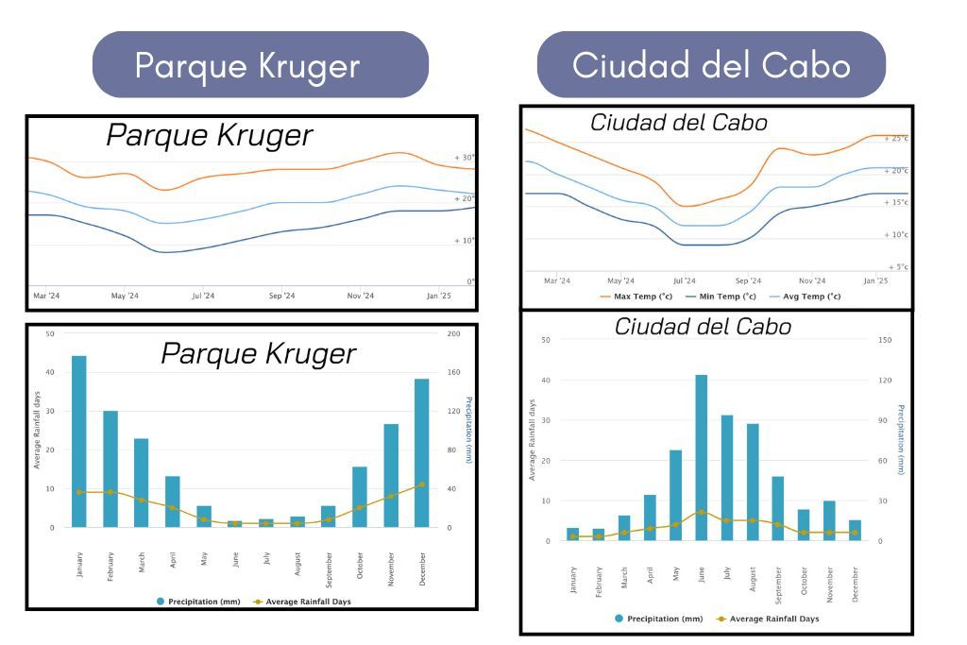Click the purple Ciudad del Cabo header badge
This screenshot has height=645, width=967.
click(711, 65)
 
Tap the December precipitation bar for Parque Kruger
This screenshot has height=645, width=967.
click(421, 452)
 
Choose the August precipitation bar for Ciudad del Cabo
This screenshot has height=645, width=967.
click(753, 482)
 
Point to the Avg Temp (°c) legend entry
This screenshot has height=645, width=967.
click(802, 296)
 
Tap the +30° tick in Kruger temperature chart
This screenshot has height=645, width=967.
click(464, 158)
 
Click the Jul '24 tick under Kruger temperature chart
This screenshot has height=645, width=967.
click(203, 296)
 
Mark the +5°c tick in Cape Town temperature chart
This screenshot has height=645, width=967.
click(897, 267)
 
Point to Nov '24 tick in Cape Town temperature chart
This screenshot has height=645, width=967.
click(812, 280)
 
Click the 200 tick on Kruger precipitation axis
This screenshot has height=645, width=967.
click(453, 333)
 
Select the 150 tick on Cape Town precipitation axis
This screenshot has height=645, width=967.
click(885, 340)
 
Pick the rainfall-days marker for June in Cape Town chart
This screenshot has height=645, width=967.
click(701, 512)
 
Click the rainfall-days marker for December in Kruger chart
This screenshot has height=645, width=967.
click(421, 484)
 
